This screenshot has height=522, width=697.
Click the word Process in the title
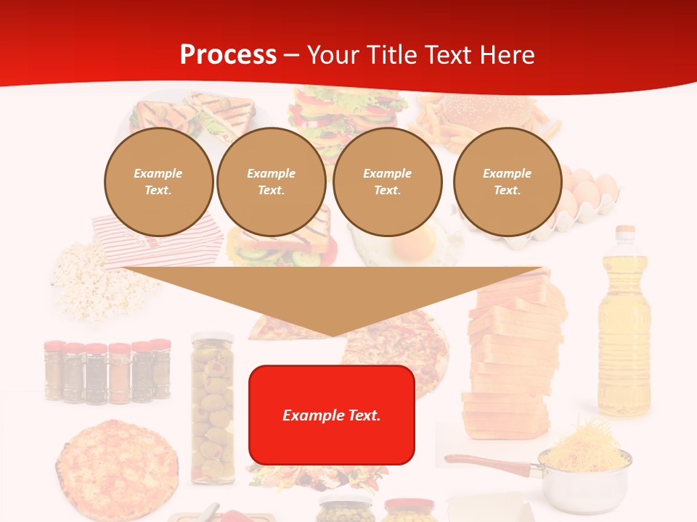tap(228, 55)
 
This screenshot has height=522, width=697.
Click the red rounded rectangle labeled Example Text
tap(332, 415)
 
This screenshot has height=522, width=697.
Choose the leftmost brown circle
tap(158, 181)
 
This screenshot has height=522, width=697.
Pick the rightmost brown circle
tap(508, 181)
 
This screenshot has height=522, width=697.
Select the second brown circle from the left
tap(271, 181)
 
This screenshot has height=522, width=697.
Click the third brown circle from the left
tap(388, 181)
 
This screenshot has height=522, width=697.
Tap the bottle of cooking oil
tap(624, 333)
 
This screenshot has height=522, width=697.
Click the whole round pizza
tap(116, 464)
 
